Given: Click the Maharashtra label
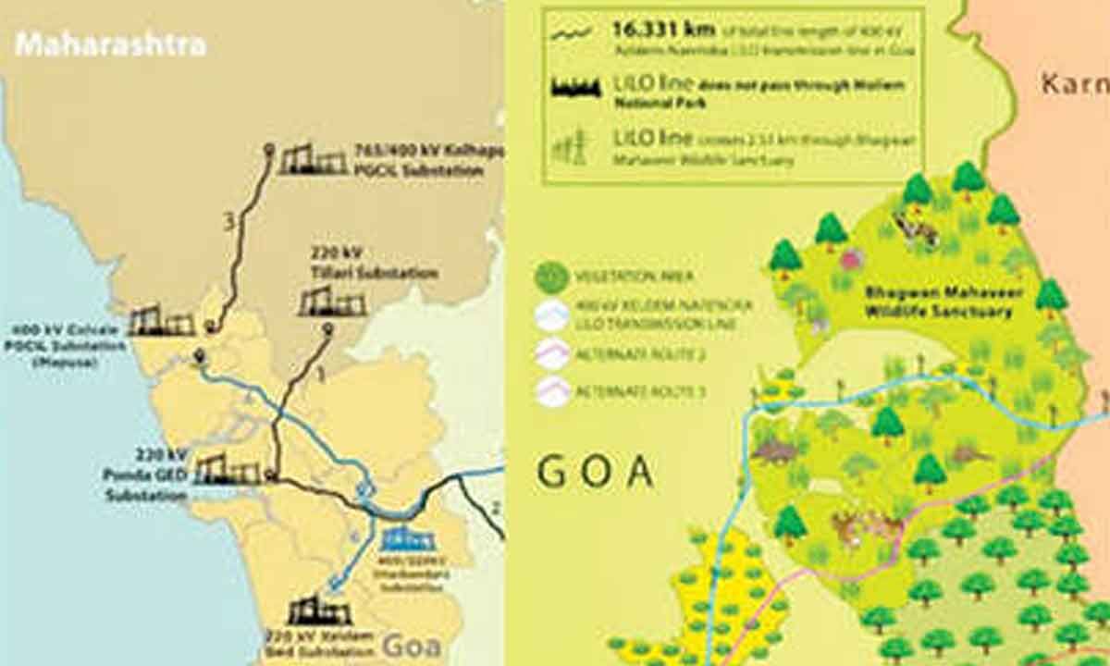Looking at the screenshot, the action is coord(110,44).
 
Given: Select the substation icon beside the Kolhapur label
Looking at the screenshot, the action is coord(313,160).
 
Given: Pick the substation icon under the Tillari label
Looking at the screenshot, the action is coord(332,302).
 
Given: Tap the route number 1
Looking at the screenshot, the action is coord(320,374).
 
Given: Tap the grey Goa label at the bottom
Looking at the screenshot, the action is coord(413,645).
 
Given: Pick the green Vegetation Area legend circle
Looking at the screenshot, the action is coord(552,274).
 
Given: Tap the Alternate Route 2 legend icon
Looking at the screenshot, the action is coord(552,352).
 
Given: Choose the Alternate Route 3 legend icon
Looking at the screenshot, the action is coord(552,391).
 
